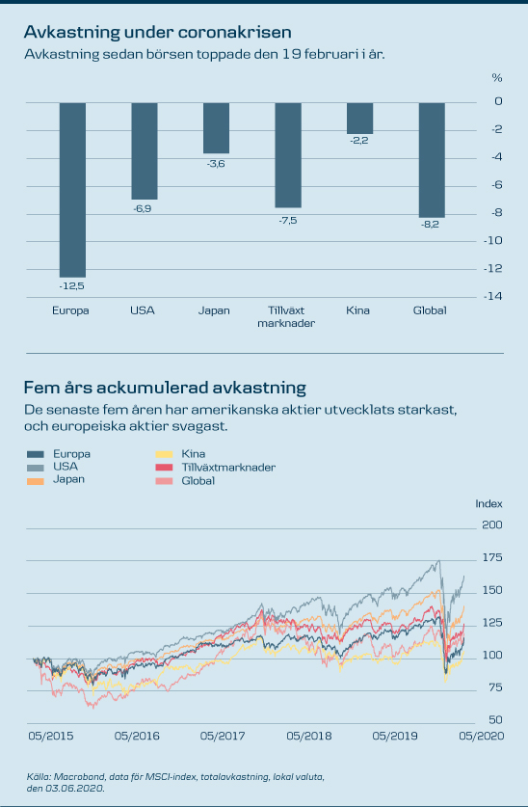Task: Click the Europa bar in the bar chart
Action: (72, 190)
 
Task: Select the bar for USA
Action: (145, 150)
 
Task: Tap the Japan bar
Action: (216, 127)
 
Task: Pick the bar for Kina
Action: (360, 118)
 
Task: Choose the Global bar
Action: (432, 160)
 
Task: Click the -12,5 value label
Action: (71, 286)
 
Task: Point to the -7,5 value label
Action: (288, 220)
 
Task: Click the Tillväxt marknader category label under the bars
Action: (286, 316)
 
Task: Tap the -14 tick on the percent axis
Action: (492, 296)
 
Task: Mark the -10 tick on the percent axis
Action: (492, 240)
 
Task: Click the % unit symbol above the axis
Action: (496, 78)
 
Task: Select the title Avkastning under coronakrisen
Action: (158, 32)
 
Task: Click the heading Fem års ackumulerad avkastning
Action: (165, 387)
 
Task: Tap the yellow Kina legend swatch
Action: (164, 454)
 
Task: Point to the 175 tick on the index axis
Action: (492, 557)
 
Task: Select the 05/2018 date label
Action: (309, 736)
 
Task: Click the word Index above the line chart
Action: (488, 504)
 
